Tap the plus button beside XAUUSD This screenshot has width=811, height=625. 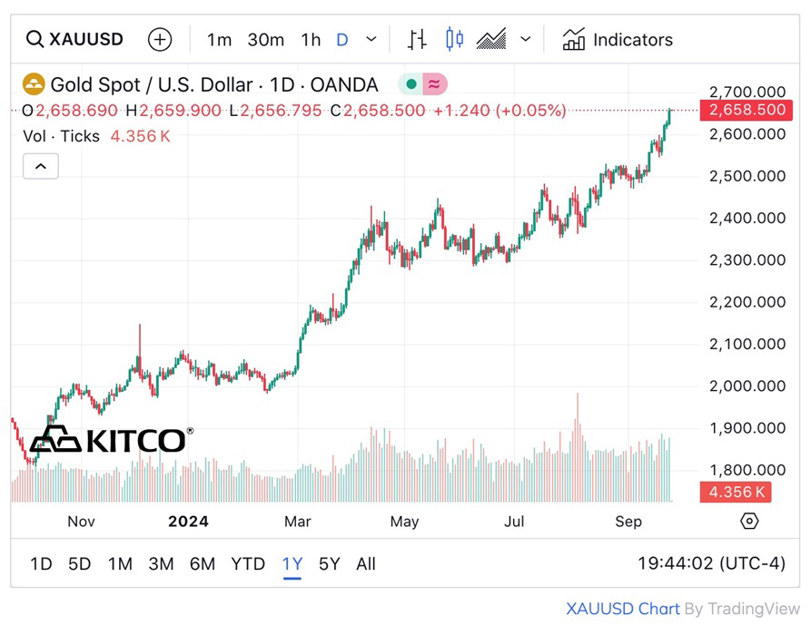(x=160, y=40)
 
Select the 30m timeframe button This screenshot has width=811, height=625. (x=266, y=40)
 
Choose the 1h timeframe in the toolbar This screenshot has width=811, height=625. (x=311, y=40)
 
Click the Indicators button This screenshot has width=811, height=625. (x=618, y=40)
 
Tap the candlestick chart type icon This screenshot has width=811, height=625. (x=454, y=39)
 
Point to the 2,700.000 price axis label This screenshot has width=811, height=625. (x=747, y=93)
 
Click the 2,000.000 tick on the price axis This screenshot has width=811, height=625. (x=747, y=386)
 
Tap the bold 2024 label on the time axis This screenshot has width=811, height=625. (x=189, y=522)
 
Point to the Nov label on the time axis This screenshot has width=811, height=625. (x=81, y=522)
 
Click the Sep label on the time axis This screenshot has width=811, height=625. (x=628, y=522)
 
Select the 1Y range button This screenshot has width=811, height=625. (x=292, y=564)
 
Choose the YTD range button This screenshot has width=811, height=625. (x=248, y=564)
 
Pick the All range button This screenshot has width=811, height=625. (x=366, y=564)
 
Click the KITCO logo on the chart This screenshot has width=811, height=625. (x=110, y=440)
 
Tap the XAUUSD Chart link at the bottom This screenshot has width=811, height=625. (x=622, y=610)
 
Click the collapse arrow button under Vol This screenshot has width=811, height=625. (x=41, y=166)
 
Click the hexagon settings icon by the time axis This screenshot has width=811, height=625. (x=749, y=521)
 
